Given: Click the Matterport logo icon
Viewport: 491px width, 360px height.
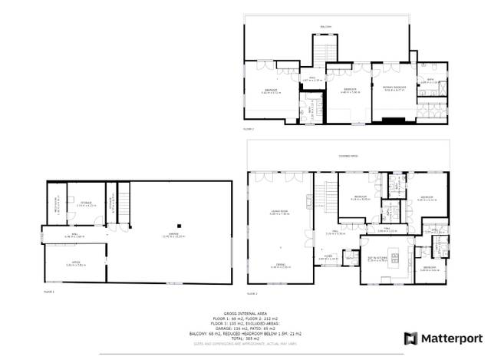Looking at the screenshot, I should click(411, 339).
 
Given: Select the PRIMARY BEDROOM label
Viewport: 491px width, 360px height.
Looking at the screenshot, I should click(394, 90).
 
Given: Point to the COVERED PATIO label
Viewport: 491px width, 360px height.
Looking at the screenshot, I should click(348, 156).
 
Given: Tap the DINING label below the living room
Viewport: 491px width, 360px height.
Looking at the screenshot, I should click(278, 265).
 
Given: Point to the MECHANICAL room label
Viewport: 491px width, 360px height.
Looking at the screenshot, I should click(56, 206).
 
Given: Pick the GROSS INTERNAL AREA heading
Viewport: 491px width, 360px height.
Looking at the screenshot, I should click(245, 314).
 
